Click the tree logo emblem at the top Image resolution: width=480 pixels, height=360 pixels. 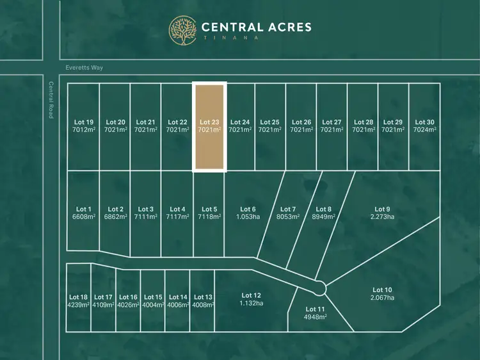(x=183, y=31)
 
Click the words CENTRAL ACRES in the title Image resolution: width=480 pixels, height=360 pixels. (x=256, y=28)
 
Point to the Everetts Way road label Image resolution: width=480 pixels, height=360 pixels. (x=84, y=68)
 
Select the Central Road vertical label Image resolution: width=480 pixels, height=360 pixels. (x=51, y=99)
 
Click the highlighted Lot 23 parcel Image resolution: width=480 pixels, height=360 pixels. (x=210, y=127)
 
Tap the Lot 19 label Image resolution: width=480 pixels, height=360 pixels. (x=84, y=122)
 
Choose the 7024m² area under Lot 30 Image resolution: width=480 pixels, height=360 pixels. (x=424, y=130)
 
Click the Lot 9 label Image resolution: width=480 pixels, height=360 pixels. (x=381, y=209)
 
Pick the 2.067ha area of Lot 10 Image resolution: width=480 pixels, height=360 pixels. (x=382, y=298)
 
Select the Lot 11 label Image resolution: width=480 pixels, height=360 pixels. (x=315, y=309)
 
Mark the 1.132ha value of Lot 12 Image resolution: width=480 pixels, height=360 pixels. (x=251, y=303)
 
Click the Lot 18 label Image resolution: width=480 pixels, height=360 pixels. (x=78, y=297)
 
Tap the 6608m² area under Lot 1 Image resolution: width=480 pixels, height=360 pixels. (x=84, y=217)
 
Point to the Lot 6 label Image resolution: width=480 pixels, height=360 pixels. (x=248, y=209)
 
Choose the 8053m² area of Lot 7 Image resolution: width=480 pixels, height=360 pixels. (x=288, y=217)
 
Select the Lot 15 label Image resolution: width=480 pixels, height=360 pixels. (x=154, y=297)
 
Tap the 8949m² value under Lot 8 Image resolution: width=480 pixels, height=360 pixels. (x=324, y=217)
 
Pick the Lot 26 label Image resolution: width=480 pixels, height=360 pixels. (x=301, y=122)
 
